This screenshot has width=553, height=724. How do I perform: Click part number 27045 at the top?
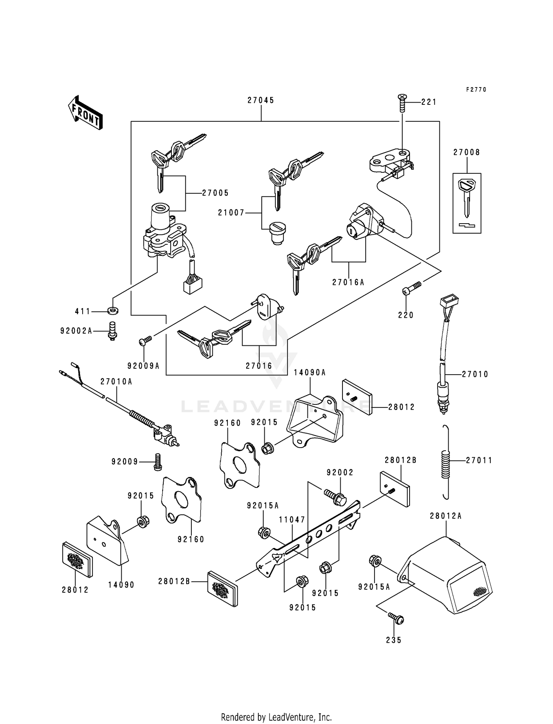(x=261, y=100)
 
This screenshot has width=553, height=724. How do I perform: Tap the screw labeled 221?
(x=402, y=103)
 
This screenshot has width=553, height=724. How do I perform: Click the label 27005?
(x=215, y=193)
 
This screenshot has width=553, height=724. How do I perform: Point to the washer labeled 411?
(x=113, y=311)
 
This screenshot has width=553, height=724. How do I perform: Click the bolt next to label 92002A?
(x=111, y=331)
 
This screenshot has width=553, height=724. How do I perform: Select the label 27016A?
(x=348, y=282)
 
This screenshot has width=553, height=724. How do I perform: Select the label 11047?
(x=292, y=520)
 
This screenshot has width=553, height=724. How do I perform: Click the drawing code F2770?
(x=476, y=90)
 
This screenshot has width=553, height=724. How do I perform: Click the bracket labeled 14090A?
(x=314, y=421)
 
